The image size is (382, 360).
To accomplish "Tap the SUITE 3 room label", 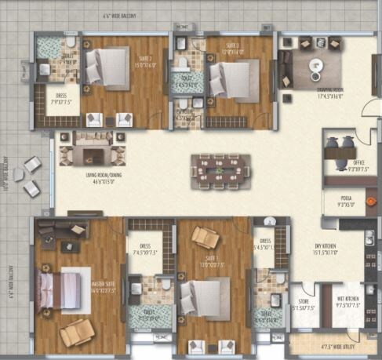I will coord(233,48).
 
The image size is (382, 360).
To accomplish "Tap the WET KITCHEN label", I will coord(348,303).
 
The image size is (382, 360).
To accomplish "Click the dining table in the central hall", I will coord(220,167).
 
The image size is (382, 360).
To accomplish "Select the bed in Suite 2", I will coord(106,66).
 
